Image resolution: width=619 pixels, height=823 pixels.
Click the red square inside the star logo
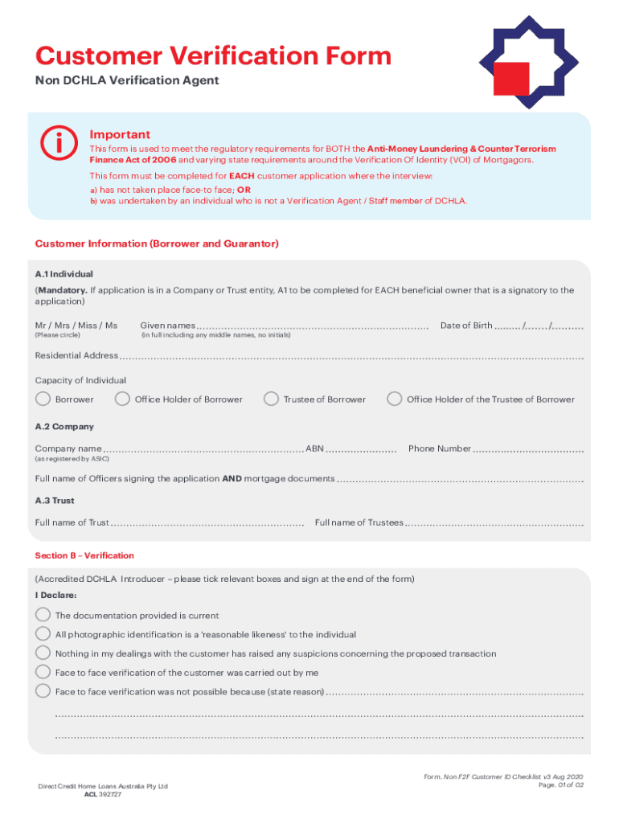point(511,80)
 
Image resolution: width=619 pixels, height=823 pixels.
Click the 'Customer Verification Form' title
point(213,56)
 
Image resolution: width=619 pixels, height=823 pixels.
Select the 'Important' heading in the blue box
point(120,134)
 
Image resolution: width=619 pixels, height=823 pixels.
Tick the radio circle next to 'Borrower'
point(43,399)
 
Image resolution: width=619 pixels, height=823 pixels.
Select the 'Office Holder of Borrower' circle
point(122,399)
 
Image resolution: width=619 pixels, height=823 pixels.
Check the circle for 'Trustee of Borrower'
point(271,399)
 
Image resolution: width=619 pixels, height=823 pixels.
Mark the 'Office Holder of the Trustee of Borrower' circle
point(395,399)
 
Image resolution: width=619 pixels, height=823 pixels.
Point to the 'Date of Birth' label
point(466,326)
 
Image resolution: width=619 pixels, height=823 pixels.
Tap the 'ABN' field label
point(314,448)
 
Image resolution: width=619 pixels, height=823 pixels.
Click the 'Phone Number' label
point(439,448)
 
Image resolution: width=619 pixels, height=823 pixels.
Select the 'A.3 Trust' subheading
point(55,500)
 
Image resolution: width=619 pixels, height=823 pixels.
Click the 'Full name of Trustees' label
point(359,522)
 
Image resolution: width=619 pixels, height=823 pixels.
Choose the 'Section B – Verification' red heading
point(84,555)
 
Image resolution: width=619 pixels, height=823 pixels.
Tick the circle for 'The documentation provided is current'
point(43,614)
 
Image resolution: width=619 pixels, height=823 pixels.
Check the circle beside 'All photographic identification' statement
point(43,633)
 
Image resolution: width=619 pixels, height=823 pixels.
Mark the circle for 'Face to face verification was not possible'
point(43,691)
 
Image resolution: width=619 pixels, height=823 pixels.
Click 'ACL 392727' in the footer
point(104,794)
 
